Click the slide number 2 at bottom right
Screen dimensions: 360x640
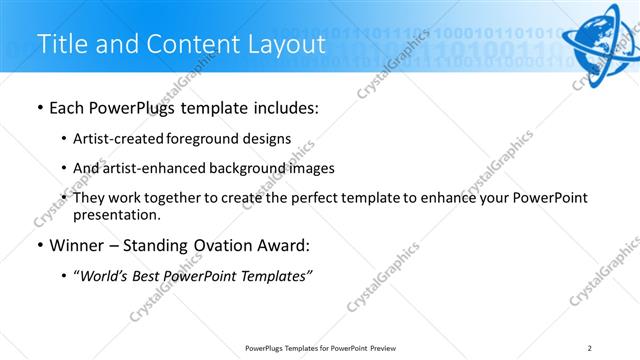coord(590,348)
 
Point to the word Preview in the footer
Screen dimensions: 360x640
coord(382,348)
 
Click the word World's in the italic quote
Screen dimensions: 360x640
coord(110,275)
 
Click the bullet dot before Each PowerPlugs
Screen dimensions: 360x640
coord(39,108)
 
